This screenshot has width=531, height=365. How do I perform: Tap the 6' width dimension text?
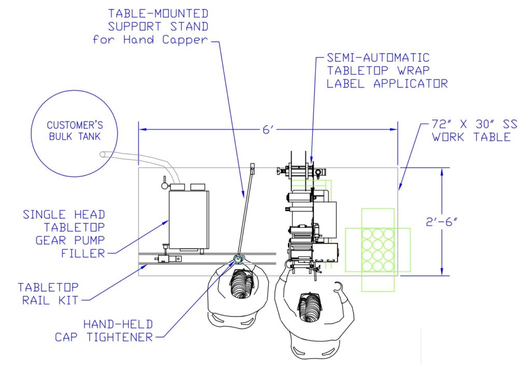click(x=268, y=130)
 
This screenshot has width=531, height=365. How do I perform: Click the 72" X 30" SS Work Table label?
click(x=471, y=131)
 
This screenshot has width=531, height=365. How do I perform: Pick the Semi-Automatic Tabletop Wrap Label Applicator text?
click(x=386, y=70)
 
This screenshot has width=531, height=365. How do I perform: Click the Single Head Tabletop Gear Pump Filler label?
click(x=65, y=234)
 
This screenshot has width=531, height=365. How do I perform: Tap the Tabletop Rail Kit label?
click(x=50, y=293)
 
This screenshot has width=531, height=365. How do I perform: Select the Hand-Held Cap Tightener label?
click(x=104, y=330)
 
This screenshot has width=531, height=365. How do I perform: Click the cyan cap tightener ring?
click(x=239, y=258)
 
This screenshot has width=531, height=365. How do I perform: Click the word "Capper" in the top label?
click(x=187, y=39)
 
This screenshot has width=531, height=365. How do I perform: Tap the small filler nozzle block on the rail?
click(x=169, y=257)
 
